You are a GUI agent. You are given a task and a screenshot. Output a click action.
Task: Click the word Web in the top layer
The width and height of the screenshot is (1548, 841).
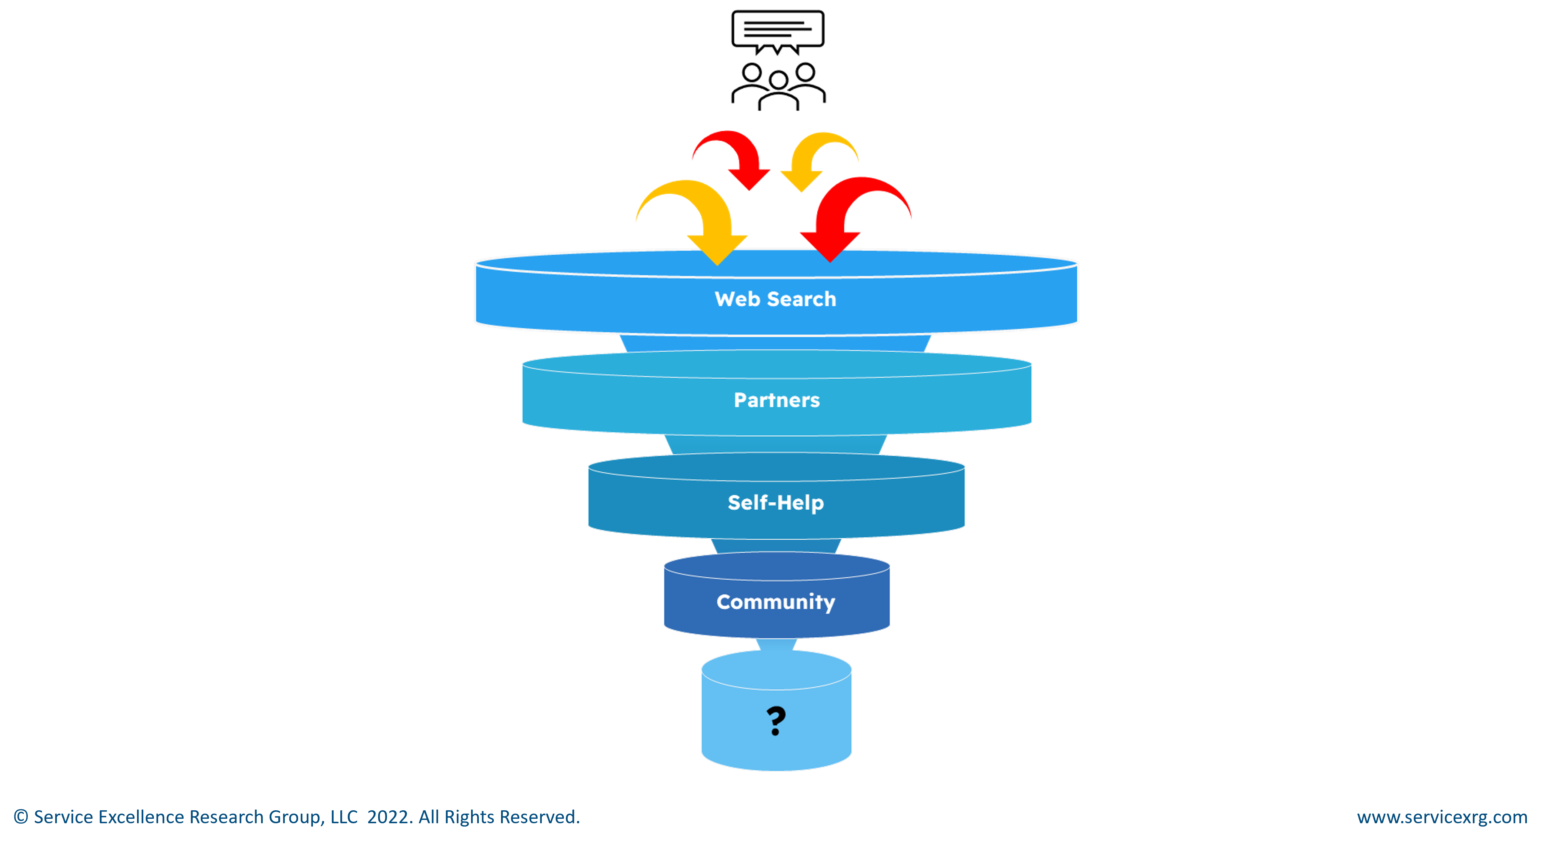coord(737,299)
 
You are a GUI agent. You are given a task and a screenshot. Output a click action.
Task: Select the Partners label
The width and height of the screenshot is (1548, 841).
coord(776,400)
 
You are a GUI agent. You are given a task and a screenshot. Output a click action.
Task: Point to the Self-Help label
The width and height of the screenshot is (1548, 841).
coord(776,502)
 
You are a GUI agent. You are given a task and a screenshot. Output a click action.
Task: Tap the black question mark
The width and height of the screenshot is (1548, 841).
coord(776,721)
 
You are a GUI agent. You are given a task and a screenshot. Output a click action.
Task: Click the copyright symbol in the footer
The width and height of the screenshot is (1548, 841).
coord(20,817)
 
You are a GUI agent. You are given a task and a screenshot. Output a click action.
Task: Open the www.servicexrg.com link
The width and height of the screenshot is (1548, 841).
coord(1442,817)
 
